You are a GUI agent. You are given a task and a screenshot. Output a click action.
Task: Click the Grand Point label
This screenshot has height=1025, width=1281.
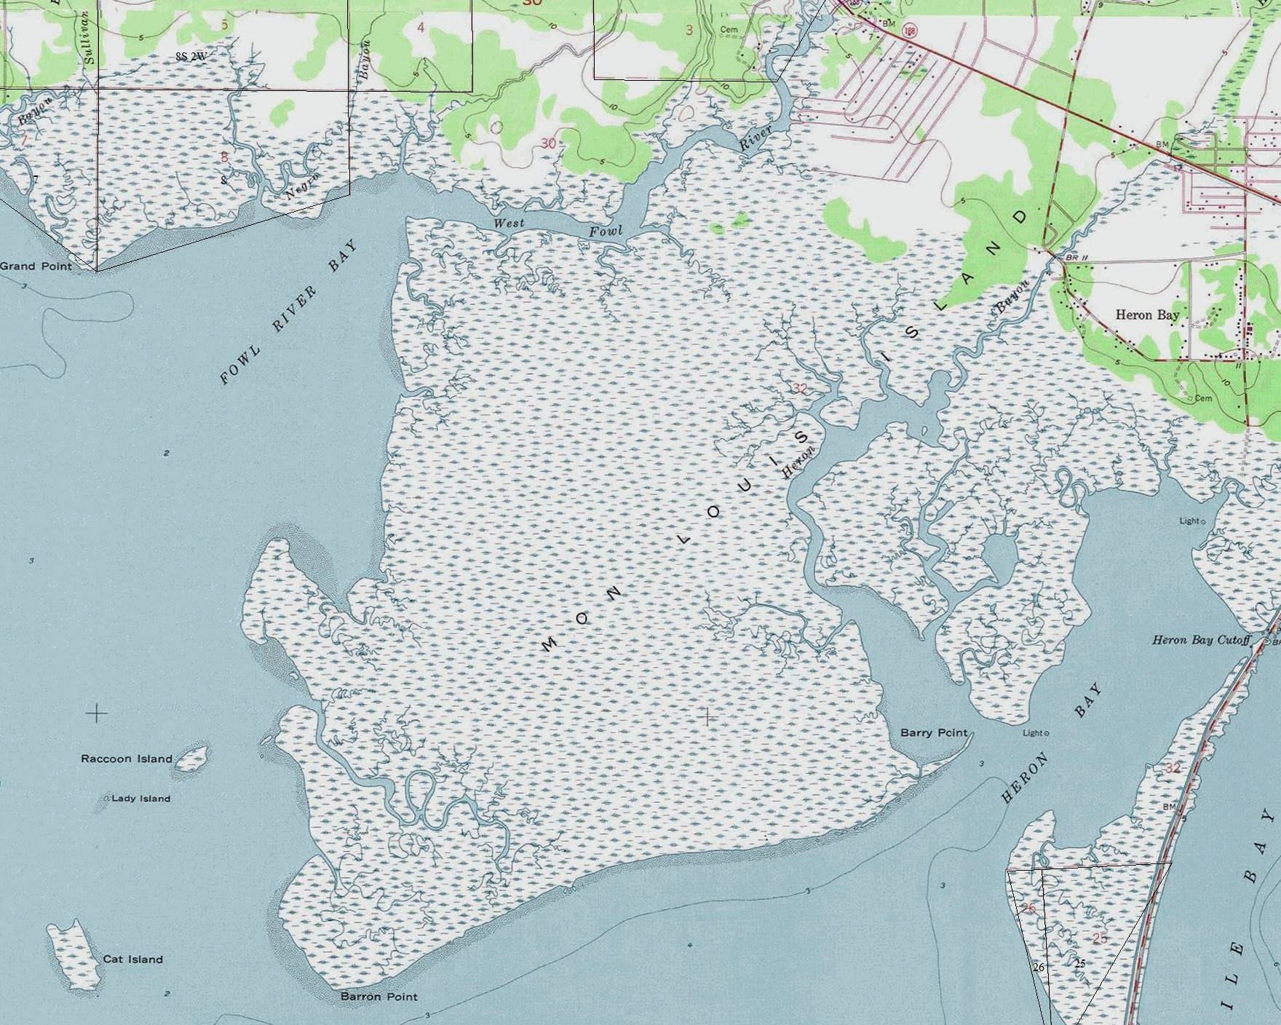(36, 266)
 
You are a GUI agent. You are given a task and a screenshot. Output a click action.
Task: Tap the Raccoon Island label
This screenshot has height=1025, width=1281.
(127, 759)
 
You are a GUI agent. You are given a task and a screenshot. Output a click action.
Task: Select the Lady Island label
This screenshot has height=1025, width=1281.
(140, 799)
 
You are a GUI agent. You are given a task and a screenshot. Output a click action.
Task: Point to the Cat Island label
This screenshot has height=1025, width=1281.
(132, 959)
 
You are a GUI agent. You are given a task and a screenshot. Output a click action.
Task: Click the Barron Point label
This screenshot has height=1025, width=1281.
(379, 997)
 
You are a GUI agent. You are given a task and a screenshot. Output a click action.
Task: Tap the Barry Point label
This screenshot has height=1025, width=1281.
(934, 732)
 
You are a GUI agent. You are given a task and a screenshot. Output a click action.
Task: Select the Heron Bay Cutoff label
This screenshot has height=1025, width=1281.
(1200, 641)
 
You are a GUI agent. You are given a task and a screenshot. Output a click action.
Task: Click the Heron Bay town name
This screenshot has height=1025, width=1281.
(1147, 314)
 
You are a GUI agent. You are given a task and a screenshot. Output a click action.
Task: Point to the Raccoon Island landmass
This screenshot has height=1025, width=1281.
(192, 759)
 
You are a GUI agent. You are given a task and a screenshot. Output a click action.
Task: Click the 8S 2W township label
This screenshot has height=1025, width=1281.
(191, 56)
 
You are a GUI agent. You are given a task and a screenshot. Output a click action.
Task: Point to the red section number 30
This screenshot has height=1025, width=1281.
(548, 143)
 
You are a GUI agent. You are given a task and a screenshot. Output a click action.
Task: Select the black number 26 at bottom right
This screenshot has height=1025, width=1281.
(1039, 967)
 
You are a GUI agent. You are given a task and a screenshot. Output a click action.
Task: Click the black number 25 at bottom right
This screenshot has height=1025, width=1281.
(1079, 963)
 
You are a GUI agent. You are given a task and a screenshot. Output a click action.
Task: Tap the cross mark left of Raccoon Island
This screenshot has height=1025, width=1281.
(97, 713)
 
